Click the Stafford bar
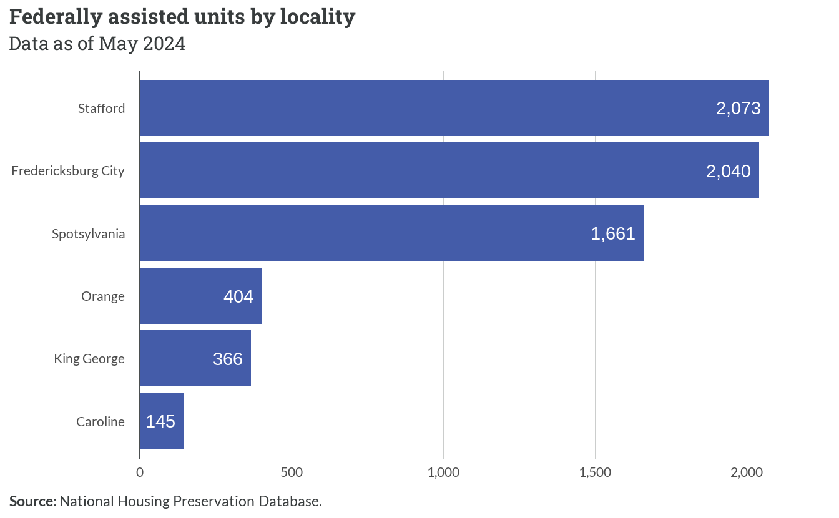(454, 108)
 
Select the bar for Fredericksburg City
(449, 170)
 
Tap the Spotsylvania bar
(392, 233)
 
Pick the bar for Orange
(201, 296)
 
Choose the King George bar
(195, 358)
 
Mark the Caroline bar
(162, 421)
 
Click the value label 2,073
(738, 108)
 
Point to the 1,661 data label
(613, 233)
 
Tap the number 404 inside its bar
(238, 296)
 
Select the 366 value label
(228, 359)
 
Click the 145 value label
(160, 421)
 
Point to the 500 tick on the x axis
(292, 472)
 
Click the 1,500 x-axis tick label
(595, 472)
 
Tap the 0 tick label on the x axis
(140, 472)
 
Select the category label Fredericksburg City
(68, 171)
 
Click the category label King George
(89, 359)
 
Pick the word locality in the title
(318, 17)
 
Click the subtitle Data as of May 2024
(97, 44)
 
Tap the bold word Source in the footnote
(33, 501)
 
